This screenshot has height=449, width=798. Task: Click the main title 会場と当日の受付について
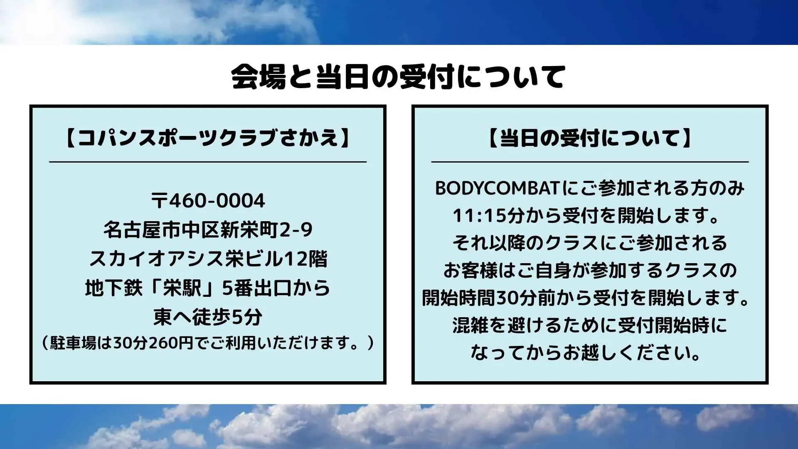pos(398,76)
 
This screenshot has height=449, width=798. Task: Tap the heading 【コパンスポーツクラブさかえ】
pos(208,138)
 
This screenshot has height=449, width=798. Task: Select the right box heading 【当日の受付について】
pos(590,138)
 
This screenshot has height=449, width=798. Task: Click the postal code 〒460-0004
pos(208,201)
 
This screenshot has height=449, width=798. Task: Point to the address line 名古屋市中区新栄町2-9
pos(208,230)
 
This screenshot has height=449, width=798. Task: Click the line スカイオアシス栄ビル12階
pos(208,259)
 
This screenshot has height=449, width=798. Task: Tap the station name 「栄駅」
pos(183,288)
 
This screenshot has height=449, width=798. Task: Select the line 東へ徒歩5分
pos(208,317)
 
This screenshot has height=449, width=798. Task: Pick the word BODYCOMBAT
pos(497,188)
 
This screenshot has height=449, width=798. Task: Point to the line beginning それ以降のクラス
pos(590,243)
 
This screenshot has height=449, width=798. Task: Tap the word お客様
pos(470,271)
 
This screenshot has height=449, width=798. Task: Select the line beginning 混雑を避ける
pos(590,326)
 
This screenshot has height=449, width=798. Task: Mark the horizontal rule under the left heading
pos(208,162)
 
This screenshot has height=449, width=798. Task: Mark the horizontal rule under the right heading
pos(590,162)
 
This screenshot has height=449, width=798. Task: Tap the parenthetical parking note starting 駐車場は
pos(208,343)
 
